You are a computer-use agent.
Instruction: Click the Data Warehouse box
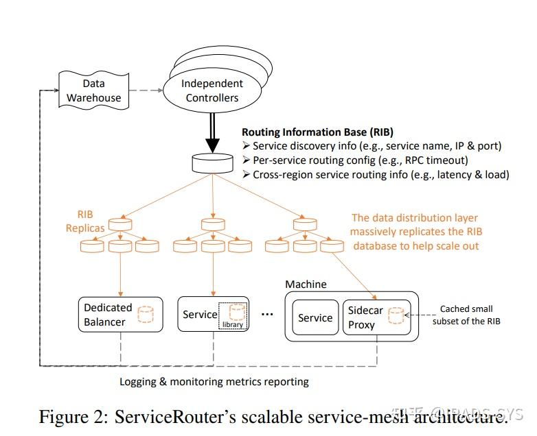pos(93,90)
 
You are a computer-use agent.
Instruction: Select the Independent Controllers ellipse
pos(212,90)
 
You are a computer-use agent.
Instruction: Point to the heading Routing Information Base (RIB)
pos(317,132)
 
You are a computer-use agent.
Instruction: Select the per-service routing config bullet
pos(355,160)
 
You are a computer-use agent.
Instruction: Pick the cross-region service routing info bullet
pos(376,175)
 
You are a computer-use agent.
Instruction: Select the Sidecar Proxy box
pos(376,317)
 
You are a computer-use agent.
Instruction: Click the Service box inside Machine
pos(315,317)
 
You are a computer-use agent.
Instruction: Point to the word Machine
pos(306,284)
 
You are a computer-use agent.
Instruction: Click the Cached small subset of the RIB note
pos(466,315)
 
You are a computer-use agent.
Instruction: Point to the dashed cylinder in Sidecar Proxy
pos(395,316)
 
